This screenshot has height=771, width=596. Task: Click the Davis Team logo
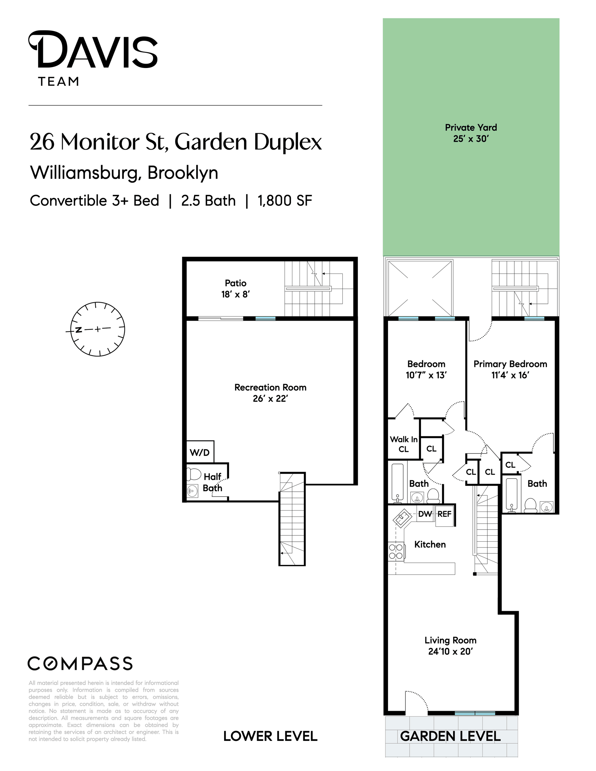(x=93, y=59)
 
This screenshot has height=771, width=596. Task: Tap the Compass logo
(x=80, y=664)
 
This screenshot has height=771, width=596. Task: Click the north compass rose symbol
(x=97, y=329)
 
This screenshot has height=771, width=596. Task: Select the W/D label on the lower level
(x=200, y=453)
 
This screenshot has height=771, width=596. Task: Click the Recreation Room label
(x=270, y=393)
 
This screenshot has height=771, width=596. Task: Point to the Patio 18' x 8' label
(x=236, y=288)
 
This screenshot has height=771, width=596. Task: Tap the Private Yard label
(x=471, y=133)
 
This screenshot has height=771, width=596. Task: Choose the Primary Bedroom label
(x=510, y=369)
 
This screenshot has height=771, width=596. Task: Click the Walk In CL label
(x=404, y=444)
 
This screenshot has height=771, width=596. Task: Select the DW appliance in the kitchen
(x=425, y=514)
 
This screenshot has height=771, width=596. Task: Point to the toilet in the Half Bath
(x=193, y=474)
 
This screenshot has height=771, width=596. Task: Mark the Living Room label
(x=450, y=646)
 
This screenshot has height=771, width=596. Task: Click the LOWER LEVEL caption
(x=270, y=737)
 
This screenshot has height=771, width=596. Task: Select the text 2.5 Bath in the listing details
(x=208, y=201)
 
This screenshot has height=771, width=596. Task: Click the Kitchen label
(x=430, y=544)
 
